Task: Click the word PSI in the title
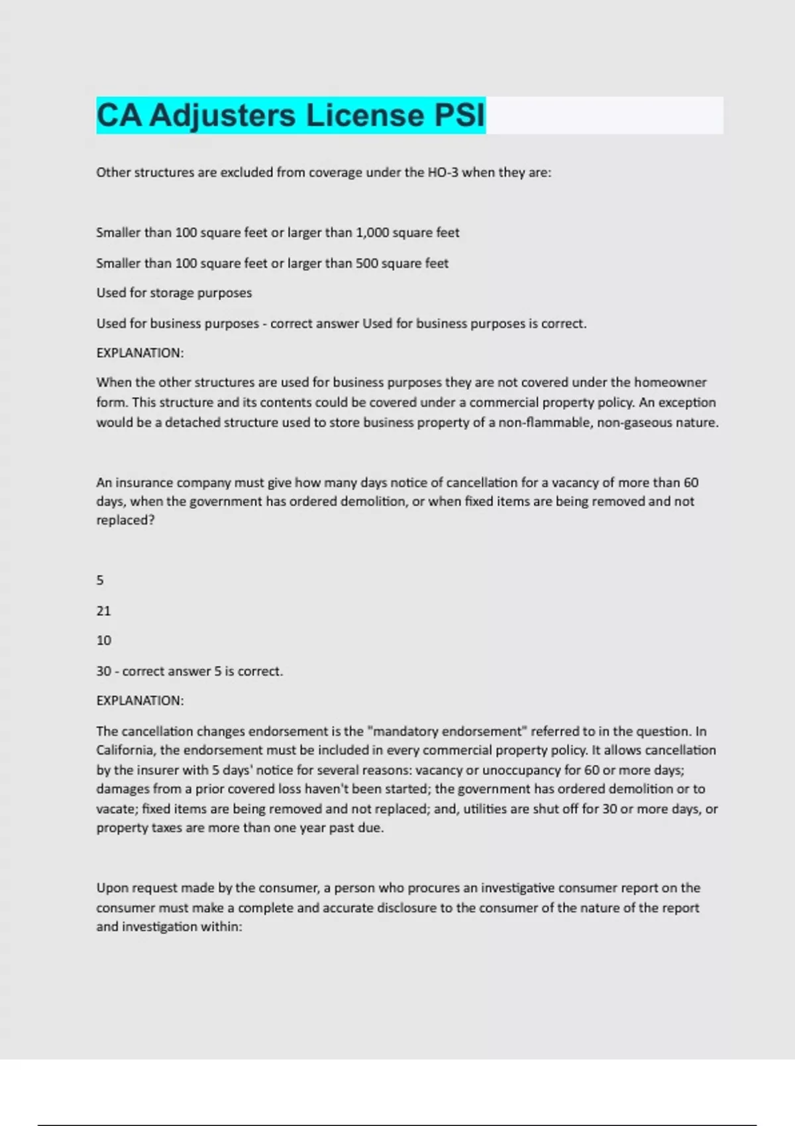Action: tap(459, 115)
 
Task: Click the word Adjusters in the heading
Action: tap(223, 115)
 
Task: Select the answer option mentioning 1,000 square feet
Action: tap(278, 232)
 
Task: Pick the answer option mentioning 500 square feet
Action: tap(272, 263)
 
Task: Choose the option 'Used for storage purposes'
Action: tap(174, 293)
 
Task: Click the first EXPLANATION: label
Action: tap(140, 353)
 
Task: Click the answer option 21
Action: tap(103, 611)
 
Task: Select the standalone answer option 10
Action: tap(103, 640)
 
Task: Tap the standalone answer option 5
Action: tap(100, 580)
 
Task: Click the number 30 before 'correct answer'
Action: tap(103, 671)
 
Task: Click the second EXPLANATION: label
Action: tap(140, 701)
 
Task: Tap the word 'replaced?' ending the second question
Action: tap(125, 521)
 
